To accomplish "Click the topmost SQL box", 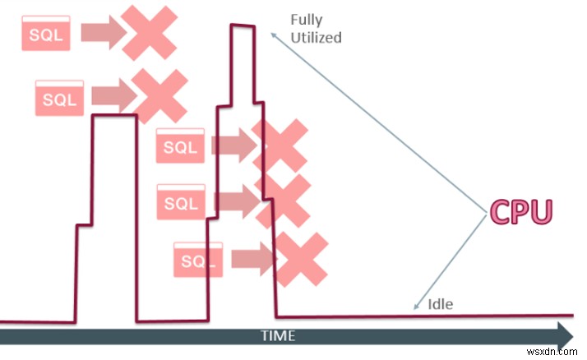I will (47, 34).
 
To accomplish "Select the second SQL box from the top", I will (59, 98).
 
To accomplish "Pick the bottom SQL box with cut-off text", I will (198, 260).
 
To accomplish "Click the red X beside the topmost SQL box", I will (148, 30).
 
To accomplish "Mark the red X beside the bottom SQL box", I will (299, 259).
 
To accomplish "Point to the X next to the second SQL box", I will (159, 95).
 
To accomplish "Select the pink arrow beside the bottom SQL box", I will (252, 259).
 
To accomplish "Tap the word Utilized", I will (316, 37).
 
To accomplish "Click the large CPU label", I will (520, 212).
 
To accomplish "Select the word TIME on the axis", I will (278, 335).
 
